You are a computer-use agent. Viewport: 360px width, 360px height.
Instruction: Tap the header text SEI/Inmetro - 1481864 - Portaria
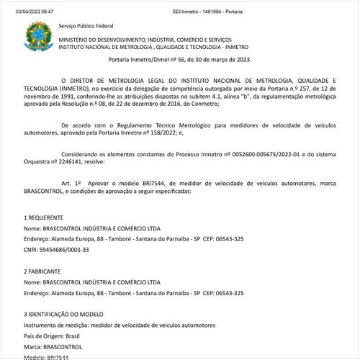pyautogui.click(x=179, y=5)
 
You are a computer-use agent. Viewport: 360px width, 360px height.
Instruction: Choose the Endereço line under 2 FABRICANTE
pyautogui.click(x=133, y=293)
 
